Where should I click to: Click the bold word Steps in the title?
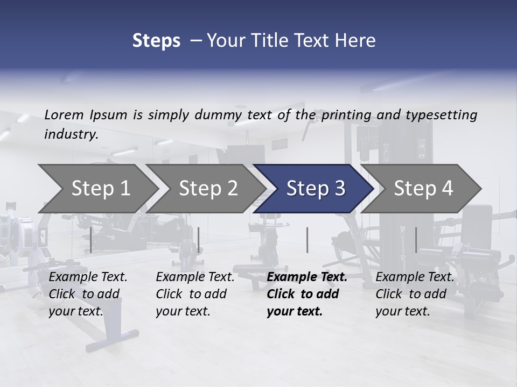(x=156, y=41)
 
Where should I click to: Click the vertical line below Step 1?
(x=91, y=240)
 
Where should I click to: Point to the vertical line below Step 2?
(x=199, y=240)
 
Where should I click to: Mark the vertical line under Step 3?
(x=307, y=240)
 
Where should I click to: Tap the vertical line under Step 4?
(x=416, y=240)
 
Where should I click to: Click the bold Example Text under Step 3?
(x=307, y=277)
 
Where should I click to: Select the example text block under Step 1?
(x=88, y=294)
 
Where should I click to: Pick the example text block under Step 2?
(x=195, y=294)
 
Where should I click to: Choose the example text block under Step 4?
(x=415, y=294)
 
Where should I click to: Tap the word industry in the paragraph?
(x=71, y=134)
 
